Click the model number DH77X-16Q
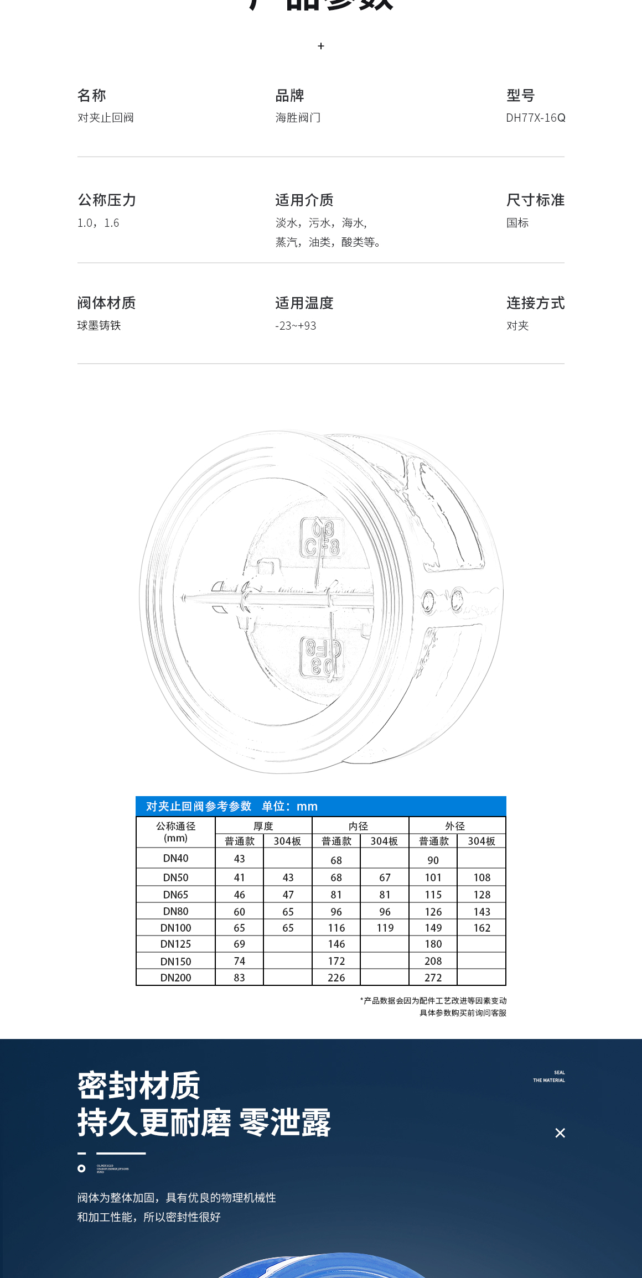(535, 118)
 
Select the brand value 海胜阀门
(298, 118)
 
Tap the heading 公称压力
(106, 200)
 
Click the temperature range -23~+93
(296, 326)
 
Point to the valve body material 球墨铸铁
(99, 326)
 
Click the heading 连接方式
(535, 303)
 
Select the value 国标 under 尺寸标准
(517, 223)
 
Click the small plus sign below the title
(321, 46)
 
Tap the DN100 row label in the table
(175, 928)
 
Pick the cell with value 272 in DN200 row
(433, 978)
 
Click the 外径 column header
(455, 826)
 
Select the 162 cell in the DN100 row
(482, 928)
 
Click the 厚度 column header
(263, 826)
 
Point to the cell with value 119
(385, 928)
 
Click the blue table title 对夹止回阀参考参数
(199, 806)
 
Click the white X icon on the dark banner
(560, 1133)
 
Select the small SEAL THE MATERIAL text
(550, 1076)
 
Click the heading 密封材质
(138, 1085)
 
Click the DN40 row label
(175, 858)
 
